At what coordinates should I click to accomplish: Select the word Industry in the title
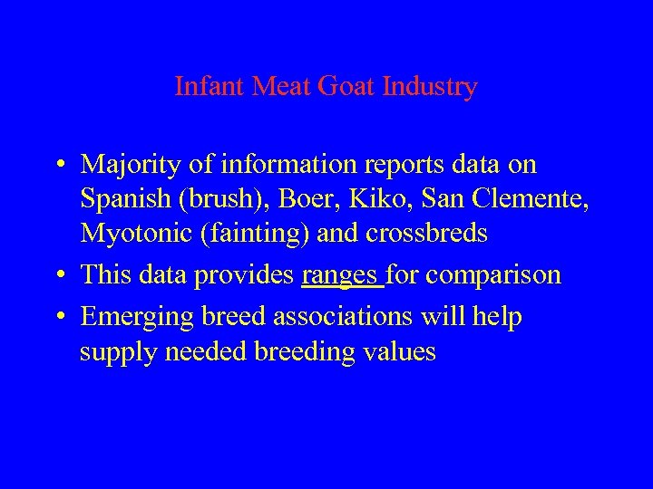(x=431, y=87)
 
